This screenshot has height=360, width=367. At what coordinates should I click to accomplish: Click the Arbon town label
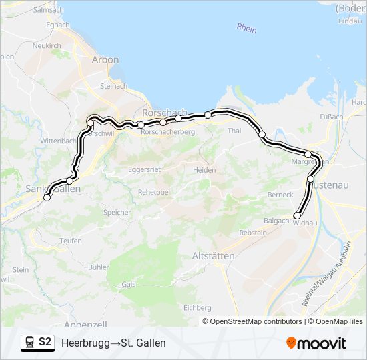point(105,59)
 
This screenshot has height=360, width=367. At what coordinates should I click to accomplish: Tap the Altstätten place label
point(212,256)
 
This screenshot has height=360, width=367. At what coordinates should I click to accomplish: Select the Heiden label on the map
point(204,170)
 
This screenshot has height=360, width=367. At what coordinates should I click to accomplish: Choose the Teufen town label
point(71,241)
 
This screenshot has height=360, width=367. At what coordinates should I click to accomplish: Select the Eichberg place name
point(197,307)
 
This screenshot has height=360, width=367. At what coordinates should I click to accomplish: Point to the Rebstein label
point(252,233)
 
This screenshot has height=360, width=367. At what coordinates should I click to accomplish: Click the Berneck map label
point(280,194)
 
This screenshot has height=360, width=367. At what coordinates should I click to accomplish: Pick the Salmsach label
point(47,11)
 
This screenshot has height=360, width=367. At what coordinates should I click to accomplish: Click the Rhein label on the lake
point(246,28)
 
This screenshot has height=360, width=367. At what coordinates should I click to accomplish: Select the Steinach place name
point(113,86)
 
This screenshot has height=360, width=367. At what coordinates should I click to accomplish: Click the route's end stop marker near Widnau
point(297,215)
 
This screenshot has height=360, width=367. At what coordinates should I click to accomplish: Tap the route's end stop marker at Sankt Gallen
point(47,197)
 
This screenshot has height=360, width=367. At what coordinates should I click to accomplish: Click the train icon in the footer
point(29,343)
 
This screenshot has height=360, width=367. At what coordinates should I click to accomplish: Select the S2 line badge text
point(45,342)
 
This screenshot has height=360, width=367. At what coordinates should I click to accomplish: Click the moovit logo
point(316,343)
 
